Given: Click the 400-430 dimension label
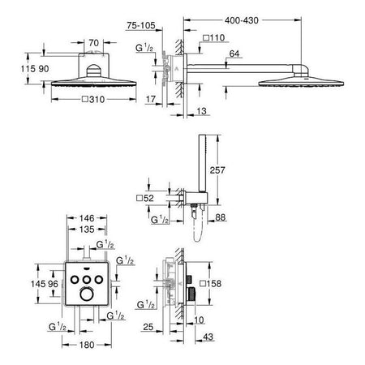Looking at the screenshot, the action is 242,20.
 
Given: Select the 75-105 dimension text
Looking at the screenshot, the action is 141,25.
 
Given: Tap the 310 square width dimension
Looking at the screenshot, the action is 93,100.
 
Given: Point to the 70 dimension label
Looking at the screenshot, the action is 93,43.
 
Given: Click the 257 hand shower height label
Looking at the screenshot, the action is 217,170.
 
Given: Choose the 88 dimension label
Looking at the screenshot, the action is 221,217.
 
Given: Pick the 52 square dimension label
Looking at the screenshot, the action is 145,198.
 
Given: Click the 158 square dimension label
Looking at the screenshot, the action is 211,284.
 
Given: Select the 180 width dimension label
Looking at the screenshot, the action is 87,345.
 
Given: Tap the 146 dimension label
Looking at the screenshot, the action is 87,218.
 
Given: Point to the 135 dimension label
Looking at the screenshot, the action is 87,230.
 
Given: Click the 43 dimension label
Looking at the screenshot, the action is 208,337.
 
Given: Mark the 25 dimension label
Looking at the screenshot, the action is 148,327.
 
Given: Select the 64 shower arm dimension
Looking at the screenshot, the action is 234,54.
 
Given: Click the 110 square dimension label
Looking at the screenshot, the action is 214,37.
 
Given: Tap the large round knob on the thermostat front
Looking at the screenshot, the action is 87,294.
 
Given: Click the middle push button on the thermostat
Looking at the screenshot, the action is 87,280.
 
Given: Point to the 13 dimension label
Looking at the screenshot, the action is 201,111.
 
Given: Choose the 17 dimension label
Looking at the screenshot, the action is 151,99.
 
